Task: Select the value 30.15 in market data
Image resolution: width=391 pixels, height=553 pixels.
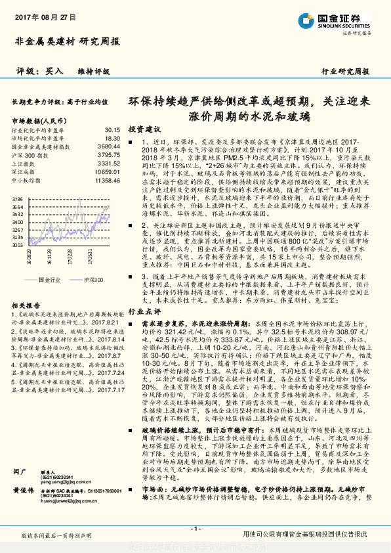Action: (x=112, y=131)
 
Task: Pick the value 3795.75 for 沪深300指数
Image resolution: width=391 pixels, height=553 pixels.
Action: (x=110, y=154)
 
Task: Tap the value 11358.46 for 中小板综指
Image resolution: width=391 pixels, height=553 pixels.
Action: (x=108, y=179)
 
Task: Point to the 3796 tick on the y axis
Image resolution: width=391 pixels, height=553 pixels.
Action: (x=18, y=198)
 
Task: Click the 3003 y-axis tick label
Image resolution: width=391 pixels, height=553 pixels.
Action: (x=18, y=244)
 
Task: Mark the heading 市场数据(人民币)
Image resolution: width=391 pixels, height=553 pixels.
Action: (x=41, y=122)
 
